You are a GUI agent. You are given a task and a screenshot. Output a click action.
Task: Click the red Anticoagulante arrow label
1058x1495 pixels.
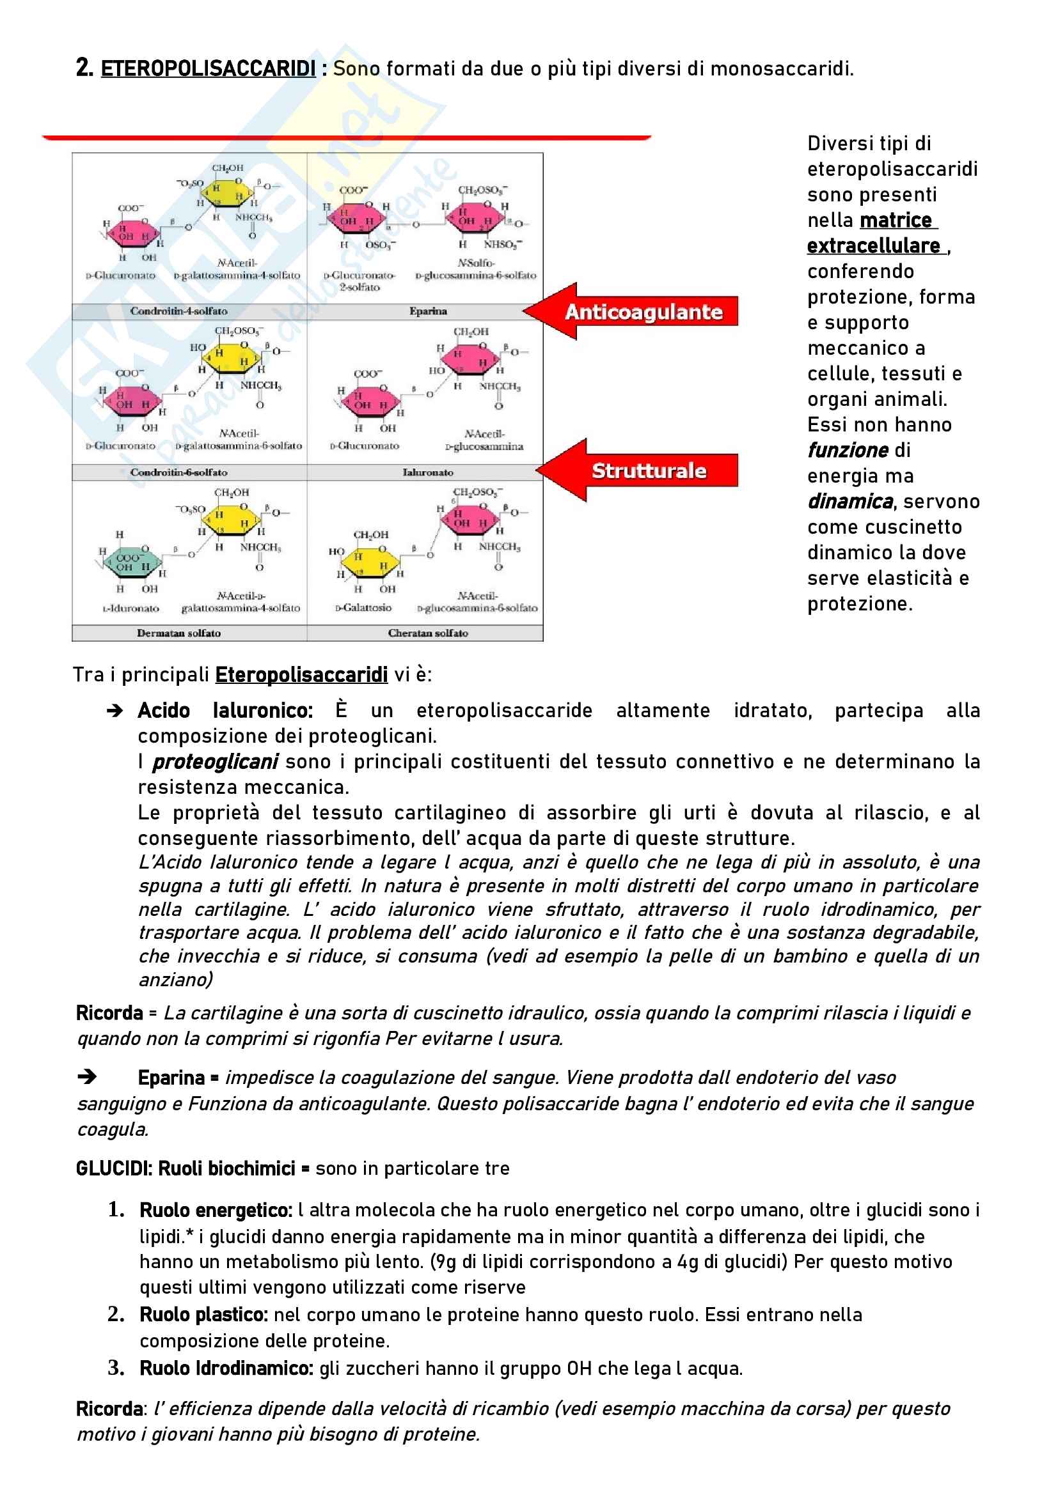(x=643, y=312)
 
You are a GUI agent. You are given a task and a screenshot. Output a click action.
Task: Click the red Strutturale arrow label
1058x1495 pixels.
(x=648, y=470)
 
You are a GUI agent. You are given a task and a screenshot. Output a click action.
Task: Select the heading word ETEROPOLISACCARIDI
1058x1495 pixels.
(x=208, y=68)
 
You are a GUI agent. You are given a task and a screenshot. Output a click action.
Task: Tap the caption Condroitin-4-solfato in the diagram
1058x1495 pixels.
(x=178, y=311)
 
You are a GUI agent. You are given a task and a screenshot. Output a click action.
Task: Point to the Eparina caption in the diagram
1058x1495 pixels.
(x=428, y=311)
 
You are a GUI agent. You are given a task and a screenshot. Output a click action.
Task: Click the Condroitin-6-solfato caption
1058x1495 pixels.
(x=178, y=472)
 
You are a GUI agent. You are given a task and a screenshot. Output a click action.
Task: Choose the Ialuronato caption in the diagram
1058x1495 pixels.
(x=427, y=472)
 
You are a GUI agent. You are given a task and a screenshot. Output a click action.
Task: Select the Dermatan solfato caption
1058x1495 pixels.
(x=178, y=633)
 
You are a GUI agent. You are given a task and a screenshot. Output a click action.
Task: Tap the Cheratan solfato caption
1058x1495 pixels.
(x=427, y=633)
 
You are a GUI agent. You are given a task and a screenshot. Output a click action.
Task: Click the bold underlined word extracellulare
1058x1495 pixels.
(x=874, y=246)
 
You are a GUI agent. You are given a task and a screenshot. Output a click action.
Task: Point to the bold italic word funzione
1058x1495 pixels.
(x=848, y=451)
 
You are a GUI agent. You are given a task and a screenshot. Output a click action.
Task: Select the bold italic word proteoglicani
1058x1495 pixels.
(x=215, y=762)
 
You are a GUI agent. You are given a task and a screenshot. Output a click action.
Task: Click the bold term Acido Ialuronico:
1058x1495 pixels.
(x=225, y=710)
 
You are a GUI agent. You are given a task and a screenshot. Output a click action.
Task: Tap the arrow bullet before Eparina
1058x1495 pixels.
(x=87, y=1077)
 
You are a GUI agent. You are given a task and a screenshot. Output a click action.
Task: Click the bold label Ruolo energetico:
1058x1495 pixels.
(x=216, y=1211)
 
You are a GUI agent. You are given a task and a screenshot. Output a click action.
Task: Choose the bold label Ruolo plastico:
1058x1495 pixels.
(x=203, y=1315)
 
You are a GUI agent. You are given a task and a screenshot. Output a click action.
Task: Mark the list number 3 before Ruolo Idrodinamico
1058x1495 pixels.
(x=116, y=1367)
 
